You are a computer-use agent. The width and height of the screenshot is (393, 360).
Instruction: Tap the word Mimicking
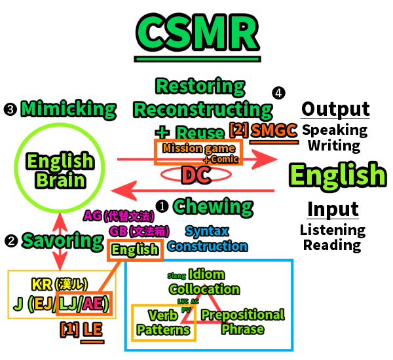68,109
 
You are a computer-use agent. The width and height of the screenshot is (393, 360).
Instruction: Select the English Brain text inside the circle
60,170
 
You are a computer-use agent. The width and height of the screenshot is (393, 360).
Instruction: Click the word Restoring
200,86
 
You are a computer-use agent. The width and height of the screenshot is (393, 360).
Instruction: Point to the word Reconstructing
203,109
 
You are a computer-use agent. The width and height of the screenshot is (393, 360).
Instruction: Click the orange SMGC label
274,130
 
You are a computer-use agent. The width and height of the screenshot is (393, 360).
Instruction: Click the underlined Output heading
335,109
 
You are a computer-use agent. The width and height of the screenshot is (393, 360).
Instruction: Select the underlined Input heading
333,209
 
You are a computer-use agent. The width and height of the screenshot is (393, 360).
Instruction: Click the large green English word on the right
337,175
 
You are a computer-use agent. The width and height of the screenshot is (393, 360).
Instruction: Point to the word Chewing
214,206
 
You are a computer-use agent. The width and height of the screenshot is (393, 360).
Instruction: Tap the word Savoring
63,240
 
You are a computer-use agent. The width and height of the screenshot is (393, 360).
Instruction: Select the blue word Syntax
207,230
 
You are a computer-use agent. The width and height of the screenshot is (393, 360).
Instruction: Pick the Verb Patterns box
163,322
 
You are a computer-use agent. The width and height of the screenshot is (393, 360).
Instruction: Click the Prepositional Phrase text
242,321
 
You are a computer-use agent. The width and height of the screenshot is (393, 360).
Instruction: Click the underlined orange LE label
92,329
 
